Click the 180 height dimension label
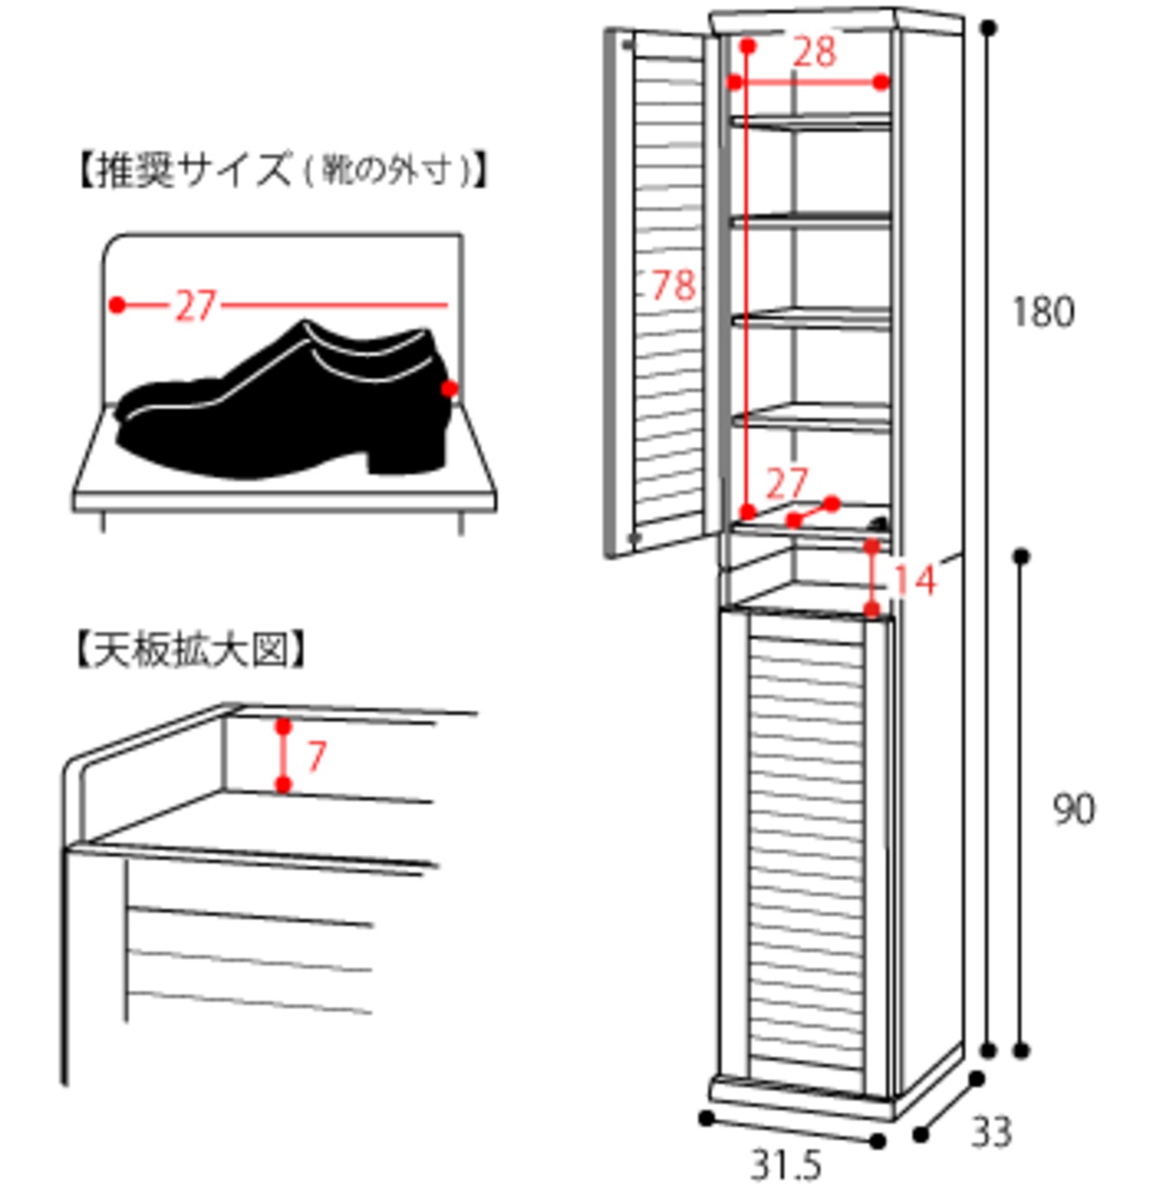pos(1043,312)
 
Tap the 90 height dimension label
pos(1074,809)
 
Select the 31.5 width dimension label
pos(786,1165)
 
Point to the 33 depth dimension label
pos(992,1131)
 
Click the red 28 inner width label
pos(814,51)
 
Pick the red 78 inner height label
pos(674,285)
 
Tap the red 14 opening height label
pos(914,580)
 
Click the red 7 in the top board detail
pos(316,756)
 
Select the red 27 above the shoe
pos(196,305)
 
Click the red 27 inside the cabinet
pos(785,484)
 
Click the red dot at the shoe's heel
pos(449,389)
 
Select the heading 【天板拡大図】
pos(190,650)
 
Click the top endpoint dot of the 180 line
pos(989,28)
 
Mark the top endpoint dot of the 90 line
pos(1021,557)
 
